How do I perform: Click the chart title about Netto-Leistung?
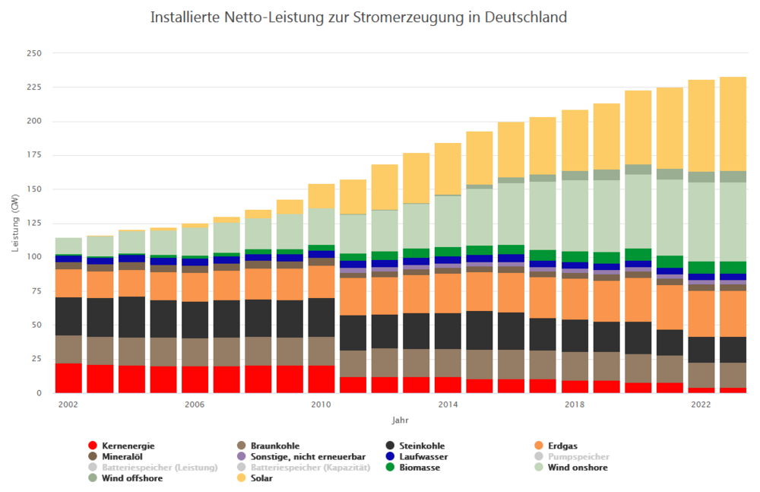(359, 17)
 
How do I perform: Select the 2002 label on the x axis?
(68, 405)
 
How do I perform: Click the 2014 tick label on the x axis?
(448, 405)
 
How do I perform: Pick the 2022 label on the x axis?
(701, 405)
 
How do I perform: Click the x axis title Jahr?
(401, 420)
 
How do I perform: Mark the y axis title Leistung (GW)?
(14, 223)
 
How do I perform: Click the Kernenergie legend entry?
(122, 446)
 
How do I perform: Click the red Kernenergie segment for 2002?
(68, 378)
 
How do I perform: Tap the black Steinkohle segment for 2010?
(321, 317)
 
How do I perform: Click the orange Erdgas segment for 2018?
(575, 299)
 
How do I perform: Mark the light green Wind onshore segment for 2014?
(448, 221)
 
